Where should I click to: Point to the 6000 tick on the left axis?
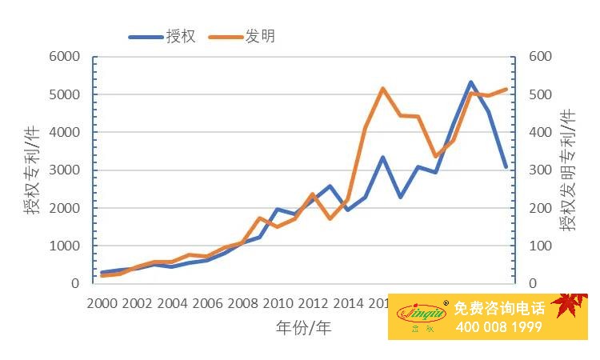(64, 57)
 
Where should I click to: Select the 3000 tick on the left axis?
(64, 170)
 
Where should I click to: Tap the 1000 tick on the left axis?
(64, 246)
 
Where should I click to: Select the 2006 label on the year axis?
(208, 303)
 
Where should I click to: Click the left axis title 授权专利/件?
(30, 170)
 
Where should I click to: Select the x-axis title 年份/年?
(303, 327)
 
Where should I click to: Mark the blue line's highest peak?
(471, 82)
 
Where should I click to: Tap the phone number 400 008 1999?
(499, 326)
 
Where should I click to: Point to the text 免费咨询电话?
(499, 308)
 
